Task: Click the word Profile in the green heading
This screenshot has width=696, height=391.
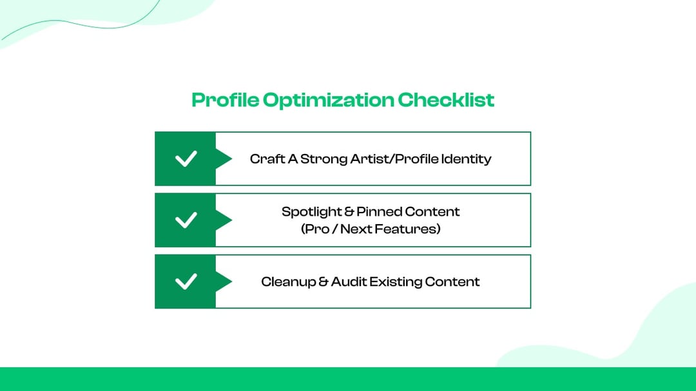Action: [x=225, y=100]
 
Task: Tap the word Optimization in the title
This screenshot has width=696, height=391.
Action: [x=328, y=100]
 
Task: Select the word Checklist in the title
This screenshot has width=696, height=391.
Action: [x=446, y=100]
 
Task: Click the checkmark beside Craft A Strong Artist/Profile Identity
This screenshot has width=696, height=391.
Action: [x=186, y=158]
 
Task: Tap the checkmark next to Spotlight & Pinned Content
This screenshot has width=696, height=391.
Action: [x=186, y=220]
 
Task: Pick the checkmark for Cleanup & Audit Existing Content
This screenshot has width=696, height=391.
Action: [x=186, y=281]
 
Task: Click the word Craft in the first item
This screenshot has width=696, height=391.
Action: [x=264, y=158]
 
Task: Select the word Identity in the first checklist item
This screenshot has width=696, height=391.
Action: [x=466, y=158]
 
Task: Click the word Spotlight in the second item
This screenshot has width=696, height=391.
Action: [x=312, y=211]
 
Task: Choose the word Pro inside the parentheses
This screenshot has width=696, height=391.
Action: [x=317, y=229]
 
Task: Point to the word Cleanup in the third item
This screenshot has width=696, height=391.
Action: [x=288, y=281]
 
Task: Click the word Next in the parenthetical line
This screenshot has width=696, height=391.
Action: [x=359, y=229]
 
